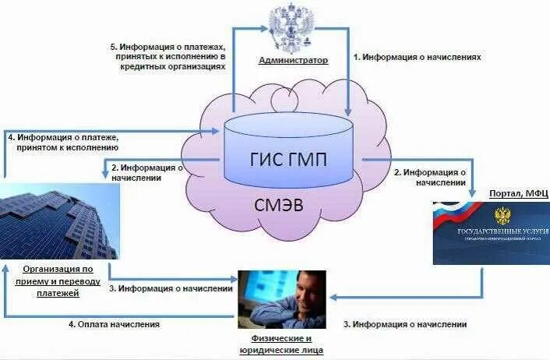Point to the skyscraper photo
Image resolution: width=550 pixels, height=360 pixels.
[59, 221]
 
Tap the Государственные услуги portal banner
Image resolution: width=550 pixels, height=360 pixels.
[492, 233]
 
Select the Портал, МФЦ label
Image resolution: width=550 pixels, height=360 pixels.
[519, 193]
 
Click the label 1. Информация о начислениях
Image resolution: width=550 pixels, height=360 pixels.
[418, 57]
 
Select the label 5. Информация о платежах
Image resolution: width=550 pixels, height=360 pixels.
[168, 56]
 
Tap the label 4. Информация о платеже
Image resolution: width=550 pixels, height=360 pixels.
[62, 141]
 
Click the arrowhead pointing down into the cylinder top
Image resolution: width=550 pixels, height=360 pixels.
[348, 111]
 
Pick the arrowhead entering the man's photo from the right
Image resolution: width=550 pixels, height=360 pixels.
[333, 296]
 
